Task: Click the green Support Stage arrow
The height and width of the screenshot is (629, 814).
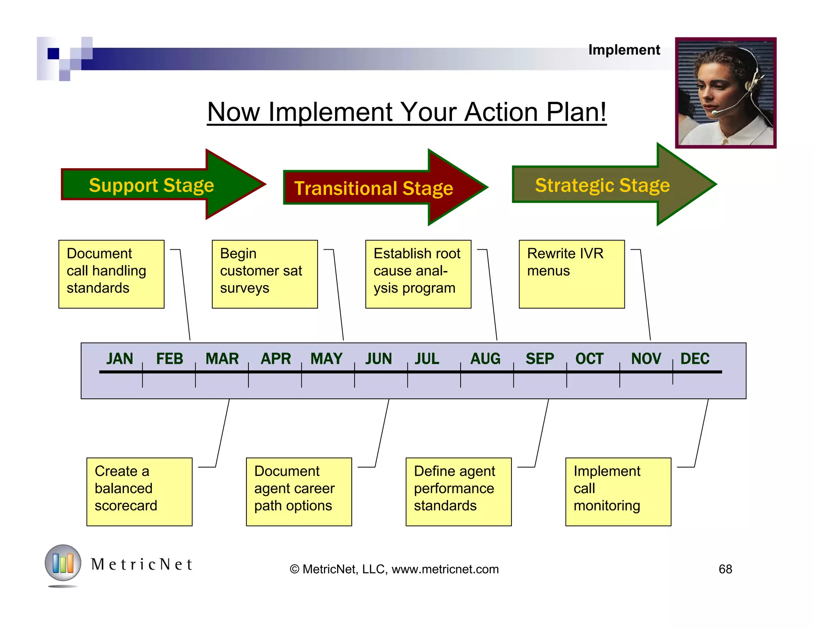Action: click(x=159, y=185)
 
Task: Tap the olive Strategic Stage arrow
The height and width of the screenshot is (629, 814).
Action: click(x=608, y=185)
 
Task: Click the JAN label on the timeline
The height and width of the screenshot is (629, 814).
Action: click(x=119, y=359)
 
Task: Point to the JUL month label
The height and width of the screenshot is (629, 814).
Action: click(x=427, y=359)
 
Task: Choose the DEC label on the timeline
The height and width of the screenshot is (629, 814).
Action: click(x=695, y=359)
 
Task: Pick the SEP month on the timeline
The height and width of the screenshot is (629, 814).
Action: click(x=539, y=359)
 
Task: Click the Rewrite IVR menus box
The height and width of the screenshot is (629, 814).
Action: click(x=572, y=274)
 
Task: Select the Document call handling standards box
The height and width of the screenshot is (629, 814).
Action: click(x=111, y=274)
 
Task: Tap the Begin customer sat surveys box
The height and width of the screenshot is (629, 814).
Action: click(x=265, y=274)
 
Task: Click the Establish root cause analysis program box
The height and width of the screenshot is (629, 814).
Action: click(x=418, y=274)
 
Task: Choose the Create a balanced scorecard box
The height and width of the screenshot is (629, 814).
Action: click(x=139, y=492)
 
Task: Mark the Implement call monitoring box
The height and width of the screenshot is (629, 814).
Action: click(x=618, y=492)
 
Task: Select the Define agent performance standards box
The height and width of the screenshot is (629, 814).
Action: click(x=458, y=492)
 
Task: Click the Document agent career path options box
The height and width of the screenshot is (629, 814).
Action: click(x=299, y=492)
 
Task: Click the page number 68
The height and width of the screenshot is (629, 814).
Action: click(x=725, y=569)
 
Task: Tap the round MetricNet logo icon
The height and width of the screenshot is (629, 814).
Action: click(x=63, y=563)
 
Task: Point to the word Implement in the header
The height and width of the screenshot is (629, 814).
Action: click(x=624, y=50)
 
